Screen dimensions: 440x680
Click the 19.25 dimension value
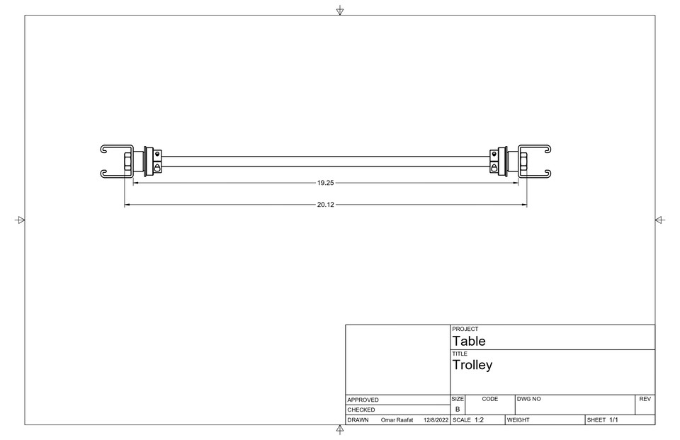[325, 183]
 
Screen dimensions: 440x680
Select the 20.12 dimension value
[325, 205]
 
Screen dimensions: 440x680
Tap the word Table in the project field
[469, 341]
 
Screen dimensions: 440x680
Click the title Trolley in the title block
[472, 366]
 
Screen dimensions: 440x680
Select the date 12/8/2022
[436, 420]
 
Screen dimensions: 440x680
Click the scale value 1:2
[479, 420]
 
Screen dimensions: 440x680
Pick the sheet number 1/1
[613, 420]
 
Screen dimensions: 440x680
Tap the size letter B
[457, 410]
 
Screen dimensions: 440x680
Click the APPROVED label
[363, 400]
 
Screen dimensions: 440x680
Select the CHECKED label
[361, 410]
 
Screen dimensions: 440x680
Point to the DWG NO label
[529, 400]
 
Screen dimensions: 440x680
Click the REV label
[645, 400]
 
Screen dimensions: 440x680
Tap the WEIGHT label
[518, 420]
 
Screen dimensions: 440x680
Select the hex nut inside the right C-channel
[523, 162]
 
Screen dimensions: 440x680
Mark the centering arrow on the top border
[340, 10]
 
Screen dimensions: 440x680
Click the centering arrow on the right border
[660, 220]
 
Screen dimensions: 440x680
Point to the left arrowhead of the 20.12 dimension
[127, 205]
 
